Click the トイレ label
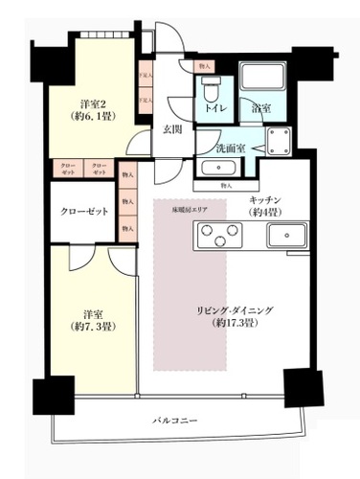(214, 110)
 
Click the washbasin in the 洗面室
(218, 168)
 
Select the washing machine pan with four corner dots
(280, 145)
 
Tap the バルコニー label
(174, 421)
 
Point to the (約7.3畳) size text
(93, 328)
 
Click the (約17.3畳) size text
(236, 324)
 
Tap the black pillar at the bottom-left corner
(53, 394)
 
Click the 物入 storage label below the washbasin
(226, 185)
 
